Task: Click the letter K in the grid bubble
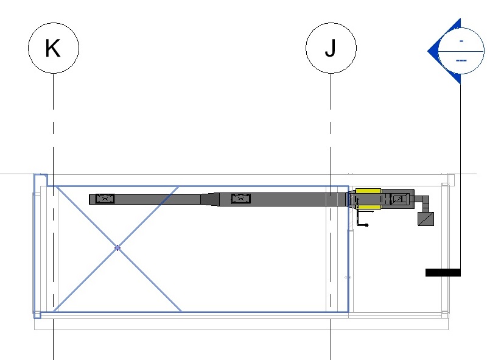point(53,48)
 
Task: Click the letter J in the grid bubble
point(331,48)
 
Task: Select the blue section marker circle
point(461,51)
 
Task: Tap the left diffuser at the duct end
point(105,199)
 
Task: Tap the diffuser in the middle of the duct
point(240,199)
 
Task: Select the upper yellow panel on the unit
point(368,191)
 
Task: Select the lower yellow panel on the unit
point(368,207)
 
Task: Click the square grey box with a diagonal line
point(426,219)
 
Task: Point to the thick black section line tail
point(443,272)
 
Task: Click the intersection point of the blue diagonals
point(117,248)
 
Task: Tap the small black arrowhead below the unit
point(366,225)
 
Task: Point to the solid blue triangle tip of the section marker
point(428,51)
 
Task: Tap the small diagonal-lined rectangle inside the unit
point(398,199)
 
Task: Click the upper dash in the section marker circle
point(461,41)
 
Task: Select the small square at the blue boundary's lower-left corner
point(37,315)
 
